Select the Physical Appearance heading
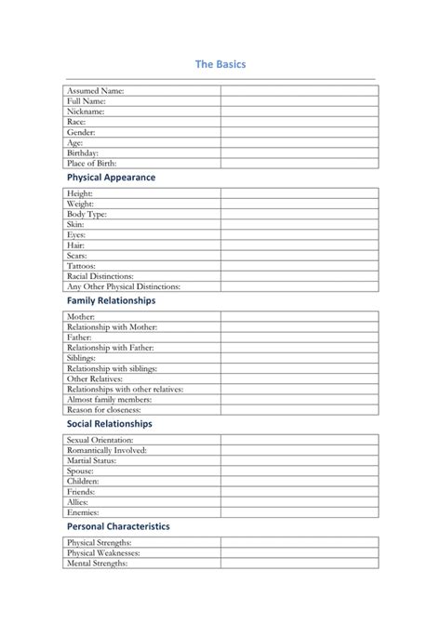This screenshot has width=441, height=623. [111, 177]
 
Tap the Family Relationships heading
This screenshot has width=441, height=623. [111, 300]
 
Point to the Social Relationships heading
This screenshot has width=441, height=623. [109, 424]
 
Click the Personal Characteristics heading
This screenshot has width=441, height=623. [118, 526]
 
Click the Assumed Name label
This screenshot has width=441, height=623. [96, 91]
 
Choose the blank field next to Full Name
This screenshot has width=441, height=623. [299, 101]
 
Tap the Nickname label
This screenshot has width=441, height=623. [86, 112]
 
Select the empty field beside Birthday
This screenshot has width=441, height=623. [299, 152]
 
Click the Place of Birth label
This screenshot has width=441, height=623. [92, 163]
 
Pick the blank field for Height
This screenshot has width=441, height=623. [299, 193]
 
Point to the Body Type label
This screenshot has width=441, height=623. [87, 214]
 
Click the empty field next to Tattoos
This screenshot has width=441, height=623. [299, 265]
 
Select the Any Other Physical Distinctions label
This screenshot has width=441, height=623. [124, 286]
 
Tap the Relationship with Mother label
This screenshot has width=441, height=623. [113, 327]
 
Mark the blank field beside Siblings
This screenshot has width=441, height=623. [299, 358]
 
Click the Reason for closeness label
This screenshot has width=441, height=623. [104, 409]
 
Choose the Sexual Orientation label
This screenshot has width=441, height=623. [100, 440]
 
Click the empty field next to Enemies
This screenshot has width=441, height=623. [299, 511]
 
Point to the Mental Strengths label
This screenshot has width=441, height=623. [97, 563]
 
